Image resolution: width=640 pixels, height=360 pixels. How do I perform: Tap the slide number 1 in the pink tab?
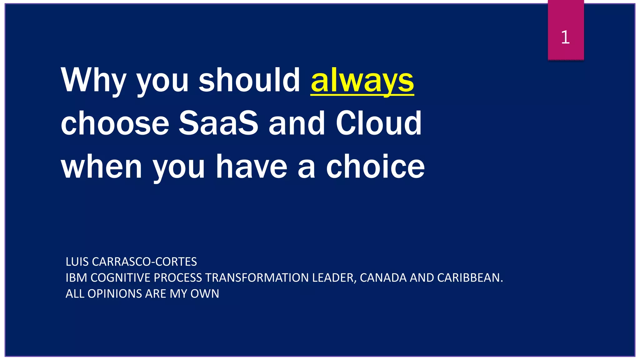tap(565, 37)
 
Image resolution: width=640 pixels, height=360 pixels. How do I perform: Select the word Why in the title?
tap(93, 81)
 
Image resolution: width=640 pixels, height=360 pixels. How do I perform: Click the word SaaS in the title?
tap(218, 123)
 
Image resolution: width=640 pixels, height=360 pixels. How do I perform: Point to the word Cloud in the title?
tap(378, 123)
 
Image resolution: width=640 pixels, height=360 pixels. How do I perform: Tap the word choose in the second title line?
tap(115, 123)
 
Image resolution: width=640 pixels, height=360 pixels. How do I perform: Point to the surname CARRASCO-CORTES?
tap(144, 262)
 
